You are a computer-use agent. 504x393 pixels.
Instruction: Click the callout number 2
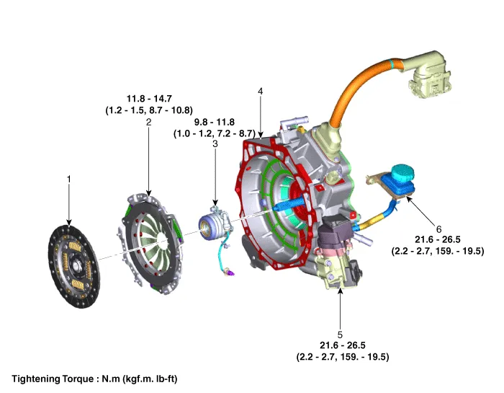point(148,123)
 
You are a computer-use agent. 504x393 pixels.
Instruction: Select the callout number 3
point(215,144)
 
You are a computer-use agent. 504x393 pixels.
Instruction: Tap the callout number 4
point(260,92)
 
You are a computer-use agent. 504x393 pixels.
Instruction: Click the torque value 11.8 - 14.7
point(148,99)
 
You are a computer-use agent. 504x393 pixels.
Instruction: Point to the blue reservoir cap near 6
point(397,176)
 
